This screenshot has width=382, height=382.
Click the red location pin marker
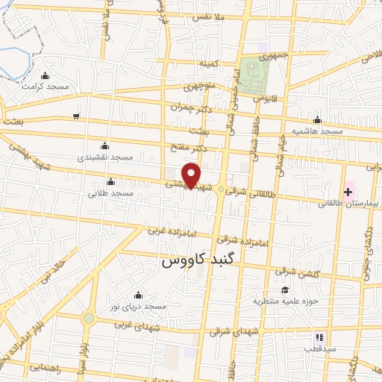(x=192, y=175)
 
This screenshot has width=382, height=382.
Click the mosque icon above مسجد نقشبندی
(x=104, y=145)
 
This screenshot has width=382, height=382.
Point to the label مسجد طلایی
(x=110, y=192)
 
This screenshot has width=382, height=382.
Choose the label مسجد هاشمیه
(x=317, y=131)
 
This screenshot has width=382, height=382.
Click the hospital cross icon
(x=348, y=192)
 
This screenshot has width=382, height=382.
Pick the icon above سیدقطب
(x=319, y=337)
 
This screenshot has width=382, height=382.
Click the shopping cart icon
(x=76, y=116)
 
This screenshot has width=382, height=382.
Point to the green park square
(x=255, y=75)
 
